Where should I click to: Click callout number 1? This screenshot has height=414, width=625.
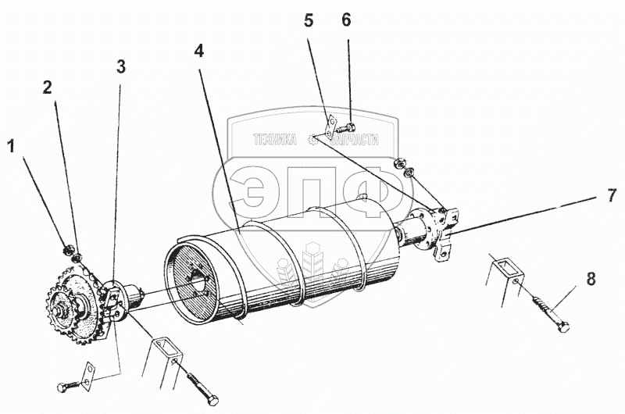(12, 145)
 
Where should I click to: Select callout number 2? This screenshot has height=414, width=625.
(48, 87)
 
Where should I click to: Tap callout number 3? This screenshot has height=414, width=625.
(120, 67)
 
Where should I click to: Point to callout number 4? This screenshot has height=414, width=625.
(198, 52)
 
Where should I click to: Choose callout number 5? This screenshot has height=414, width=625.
(309, 21)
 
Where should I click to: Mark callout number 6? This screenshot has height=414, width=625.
(347, 21)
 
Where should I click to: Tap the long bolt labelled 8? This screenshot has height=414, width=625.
(552, 313)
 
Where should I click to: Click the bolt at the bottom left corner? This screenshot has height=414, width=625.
(68, 386)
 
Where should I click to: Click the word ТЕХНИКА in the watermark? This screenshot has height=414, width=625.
(274, 140)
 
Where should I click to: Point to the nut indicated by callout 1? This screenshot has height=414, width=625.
(67, 250)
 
